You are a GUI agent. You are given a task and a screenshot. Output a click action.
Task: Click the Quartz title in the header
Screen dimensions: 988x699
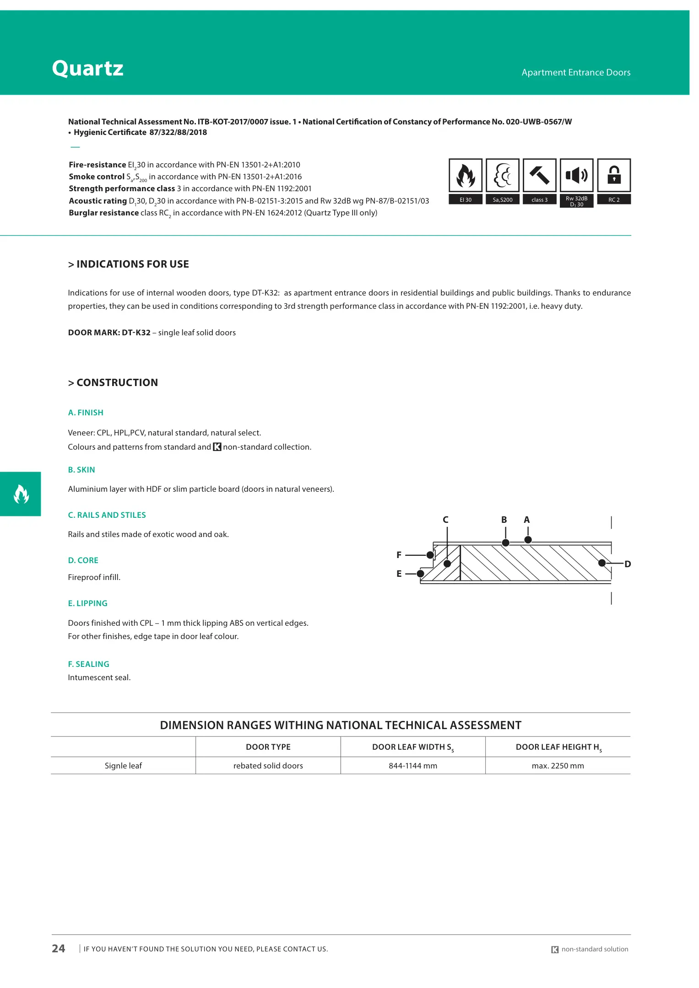[87, 69]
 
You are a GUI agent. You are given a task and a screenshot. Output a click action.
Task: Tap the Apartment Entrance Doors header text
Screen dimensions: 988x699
[576, 72]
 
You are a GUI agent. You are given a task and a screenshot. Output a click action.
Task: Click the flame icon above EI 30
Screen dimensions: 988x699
[465, 175]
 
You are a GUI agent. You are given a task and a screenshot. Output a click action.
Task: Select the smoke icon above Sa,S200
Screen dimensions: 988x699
[502, 175]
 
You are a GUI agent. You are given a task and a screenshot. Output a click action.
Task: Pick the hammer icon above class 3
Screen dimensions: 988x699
[539, 175]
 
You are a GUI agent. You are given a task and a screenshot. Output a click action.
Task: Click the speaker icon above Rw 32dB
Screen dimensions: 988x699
[576, 175]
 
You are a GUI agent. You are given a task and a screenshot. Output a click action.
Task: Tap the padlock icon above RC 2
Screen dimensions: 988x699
[614, 175]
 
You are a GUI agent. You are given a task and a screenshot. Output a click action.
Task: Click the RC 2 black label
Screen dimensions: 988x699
[614, 200]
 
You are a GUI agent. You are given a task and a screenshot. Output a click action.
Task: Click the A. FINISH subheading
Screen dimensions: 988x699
[86, 413]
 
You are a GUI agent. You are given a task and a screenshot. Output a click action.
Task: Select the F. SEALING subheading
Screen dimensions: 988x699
[88, 664]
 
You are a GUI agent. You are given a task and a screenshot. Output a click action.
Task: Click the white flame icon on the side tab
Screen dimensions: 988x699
[21, 494]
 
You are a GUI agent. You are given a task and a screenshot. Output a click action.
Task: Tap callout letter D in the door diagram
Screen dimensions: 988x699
[628, 564]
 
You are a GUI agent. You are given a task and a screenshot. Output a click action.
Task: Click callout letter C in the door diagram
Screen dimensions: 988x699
[445, 520]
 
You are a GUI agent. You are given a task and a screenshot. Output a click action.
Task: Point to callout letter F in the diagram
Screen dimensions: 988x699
[399, 555]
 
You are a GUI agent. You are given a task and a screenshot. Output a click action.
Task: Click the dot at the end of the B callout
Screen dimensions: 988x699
[505, 543]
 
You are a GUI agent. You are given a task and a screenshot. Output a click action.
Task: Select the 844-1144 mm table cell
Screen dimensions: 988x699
[413, 766]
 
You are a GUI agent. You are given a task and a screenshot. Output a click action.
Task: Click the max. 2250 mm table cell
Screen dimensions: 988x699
[558, 766]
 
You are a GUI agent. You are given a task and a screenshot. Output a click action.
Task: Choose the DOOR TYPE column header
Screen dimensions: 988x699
[268, 747]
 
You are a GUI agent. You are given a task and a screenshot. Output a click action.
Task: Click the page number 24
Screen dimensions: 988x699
[59, 949]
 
